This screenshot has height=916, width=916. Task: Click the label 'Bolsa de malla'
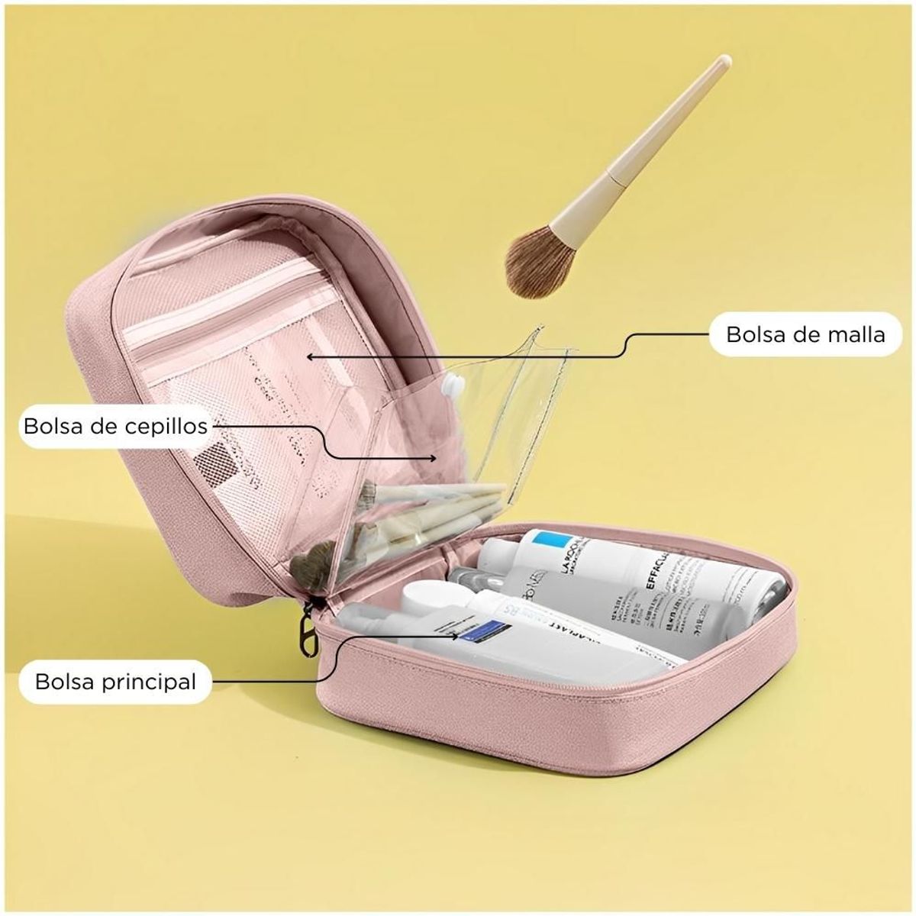click(x=805, y=334)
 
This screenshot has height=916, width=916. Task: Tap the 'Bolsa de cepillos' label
click(x=115, y=425)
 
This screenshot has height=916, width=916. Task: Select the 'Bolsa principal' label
click(x=115, y=680)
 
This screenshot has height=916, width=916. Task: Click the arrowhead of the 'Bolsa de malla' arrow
click(x=310, y=356)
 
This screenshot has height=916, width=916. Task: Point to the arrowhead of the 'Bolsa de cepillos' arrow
click(x=435, y=458)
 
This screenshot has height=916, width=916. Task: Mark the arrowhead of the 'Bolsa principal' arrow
click(x=456, y=635)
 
